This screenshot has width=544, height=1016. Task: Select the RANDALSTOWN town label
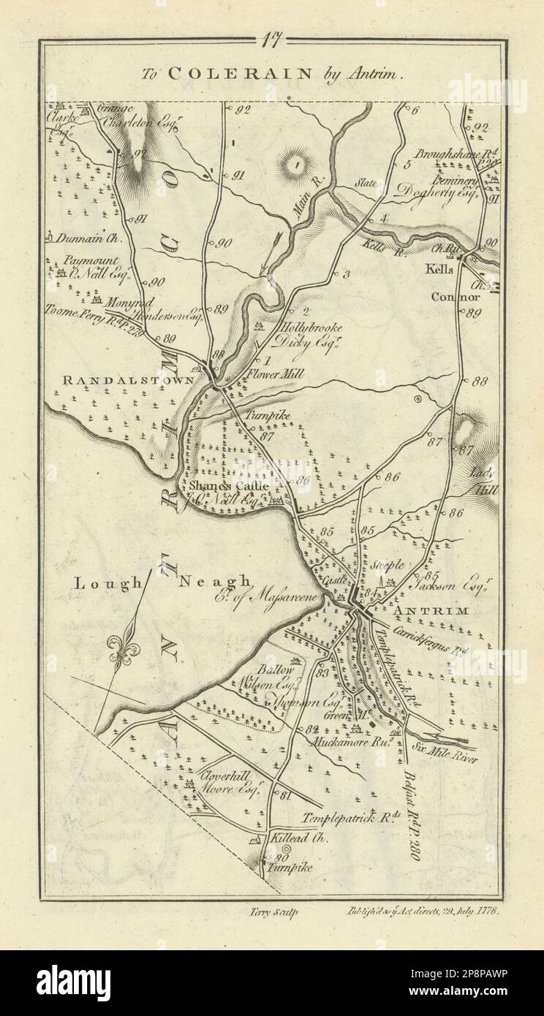pos(128,380)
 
